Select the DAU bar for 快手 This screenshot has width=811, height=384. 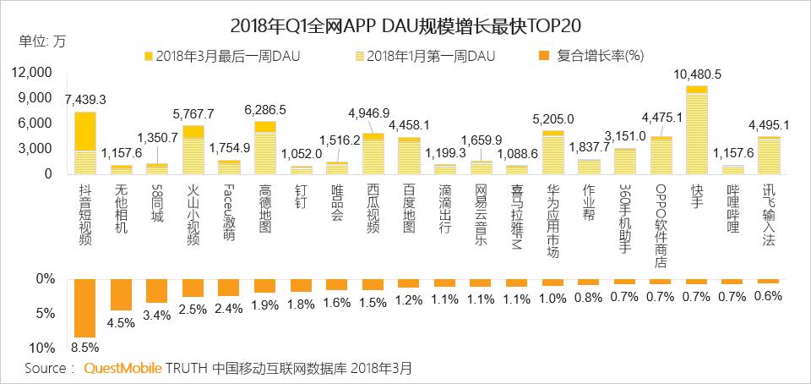pos(696,130)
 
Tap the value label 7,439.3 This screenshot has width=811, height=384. pos(85,99)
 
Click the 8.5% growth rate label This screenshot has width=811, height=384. pos(85,346)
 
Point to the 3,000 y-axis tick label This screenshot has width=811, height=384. pos(39,149)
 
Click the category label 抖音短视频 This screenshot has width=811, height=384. pos(85,211)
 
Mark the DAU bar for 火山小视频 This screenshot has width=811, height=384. pos(193,150)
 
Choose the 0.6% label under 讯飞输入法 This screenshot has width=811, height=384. pos(768,294)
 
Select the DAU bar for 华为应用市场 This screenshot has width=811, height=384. pos(552,152)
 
